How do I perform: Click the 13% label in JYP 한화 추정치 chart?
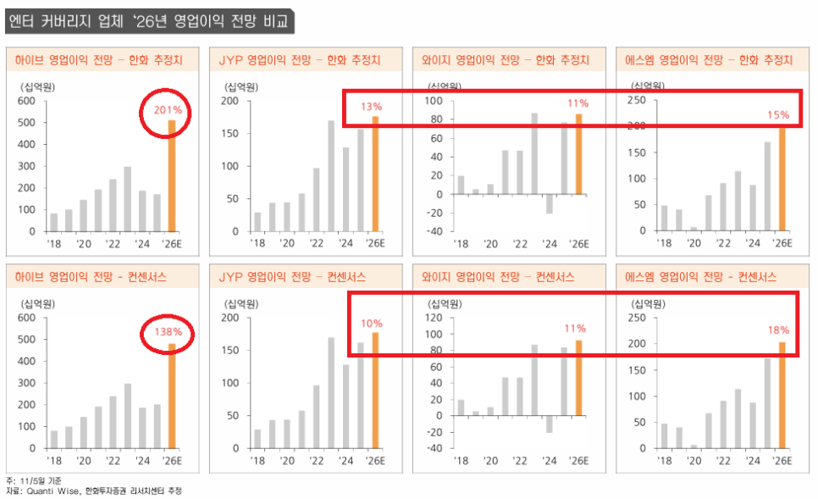point(372,107)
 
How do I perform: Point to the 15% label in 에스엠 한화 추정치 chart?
point(778,114)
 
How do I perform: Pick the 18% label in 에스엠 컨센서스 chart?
point(778,330)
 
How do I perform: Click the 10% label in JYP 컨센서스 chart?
point(372,323)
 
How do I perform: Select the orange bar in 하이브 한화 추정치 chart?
point(172,175)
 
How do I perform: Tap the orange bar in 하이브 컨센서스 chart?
point(172,396)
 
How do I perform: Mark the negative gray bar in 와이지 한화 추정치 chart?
point(550,203)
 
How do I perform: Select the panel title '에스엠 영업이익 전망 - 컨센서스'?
point(705,277)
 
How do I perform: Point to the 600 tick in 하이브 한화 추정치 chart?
point(25,102)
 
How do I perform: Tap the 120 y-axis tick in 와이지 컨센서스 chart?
point(435,319)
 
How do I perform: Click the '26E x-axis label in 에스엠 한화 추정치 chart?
point(782,243)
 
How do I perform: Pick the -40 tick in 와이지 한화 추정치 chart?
point(434,231)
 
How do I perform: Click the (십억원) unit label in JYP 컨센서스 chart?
point(241,304)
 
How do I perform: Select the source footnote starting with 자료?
point(93,491)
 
